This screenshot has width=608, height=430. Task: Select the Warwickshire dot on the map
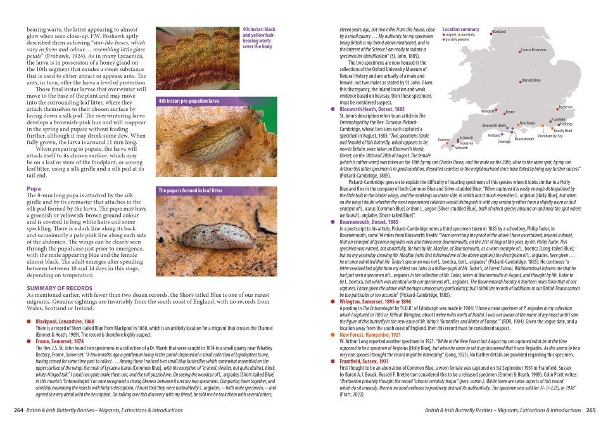point(519,81)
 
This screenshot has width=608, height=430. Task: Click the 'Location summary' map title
point(460,30)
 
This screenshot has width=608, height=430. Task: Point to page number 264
point(19,410)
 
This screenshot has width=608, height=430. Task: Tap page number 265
point(590,410)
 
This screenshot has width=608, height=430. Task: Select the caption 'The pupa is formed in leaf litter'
point(189,190)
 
